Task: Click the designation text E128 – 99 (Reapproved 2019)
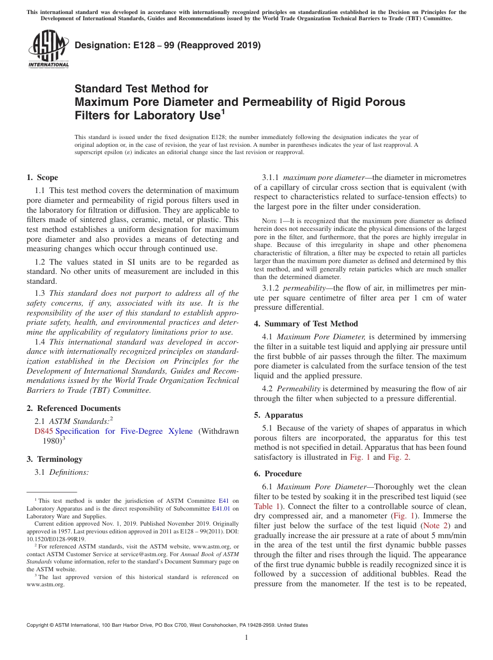[168, 45]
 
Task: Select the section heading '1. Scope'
[42, 177]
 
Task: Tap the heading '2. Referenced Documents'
[73, 408]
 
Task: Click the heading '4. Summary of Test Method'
[306, 324]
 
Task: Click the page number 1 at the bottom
[246, 638]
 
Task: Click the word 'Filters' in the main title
[92, 115]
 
